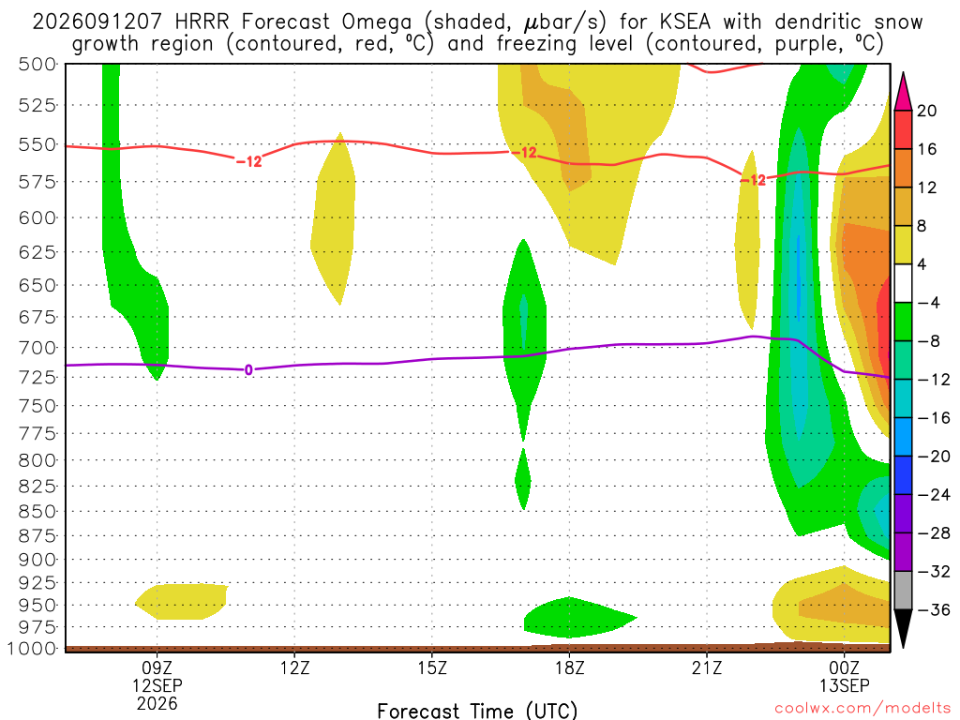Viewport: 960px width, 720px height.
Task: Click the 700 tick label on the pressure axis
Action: [x=37, y=348]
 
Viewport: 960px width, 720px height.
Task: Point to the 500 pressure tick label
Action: [x=37, y=65]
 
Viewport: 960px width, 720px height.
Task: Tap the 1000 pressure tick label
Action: [x=32, y=649]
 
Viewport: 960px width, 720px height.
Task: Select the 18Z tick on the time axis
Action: [x=570, y=667]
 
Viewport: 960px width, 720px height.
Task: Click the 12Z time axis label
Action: [x=295, y=667]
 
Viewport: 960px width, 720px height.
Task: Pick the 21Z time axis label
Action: [x=707, y=667]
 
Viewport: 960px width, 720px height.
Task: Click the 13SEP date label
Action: [x=845, y=685]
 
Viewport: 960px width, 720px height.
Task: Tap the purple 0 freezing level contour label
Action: [x=248, y=369]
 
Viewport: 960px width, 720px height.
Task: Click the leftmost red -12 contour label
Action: [x=249, y=161]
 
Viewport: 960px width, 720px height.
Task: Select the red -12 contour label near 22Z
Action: [x=753, y=180]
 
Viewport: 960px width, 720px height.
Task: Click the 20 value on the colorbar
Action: [x=927, y=111]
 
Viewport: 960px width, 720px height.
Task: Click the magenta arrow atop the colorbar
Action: [x=903, y=92]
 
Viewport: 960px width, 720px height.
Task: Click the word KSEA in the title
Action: [x=685, y=22]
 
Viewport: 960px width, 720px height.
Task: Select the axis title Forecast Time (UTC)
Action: [x=477, y=711]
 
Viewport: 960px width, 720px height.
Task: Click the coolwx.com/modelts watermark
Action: [x=862, y=709]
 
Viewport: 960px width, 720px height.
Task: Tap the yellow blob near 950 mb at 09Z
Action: [x=181, y=602]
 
